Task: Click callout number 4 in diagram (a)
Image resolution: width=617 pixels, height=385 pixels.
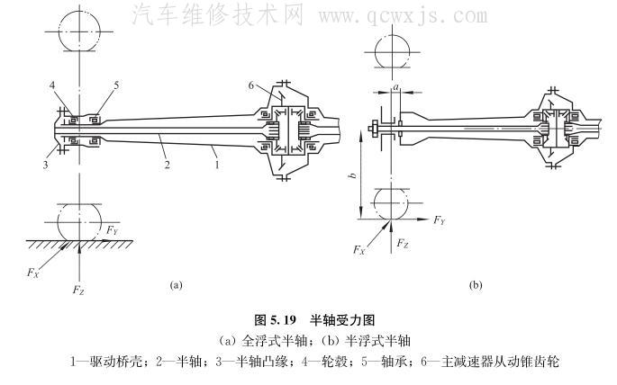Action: click(53, 86)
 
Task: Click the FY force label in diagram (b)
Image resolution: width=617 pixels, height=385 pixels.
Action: click(439, 219)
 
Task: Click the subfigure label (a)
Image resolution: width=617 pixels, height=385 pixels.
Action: click(177, 285)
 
